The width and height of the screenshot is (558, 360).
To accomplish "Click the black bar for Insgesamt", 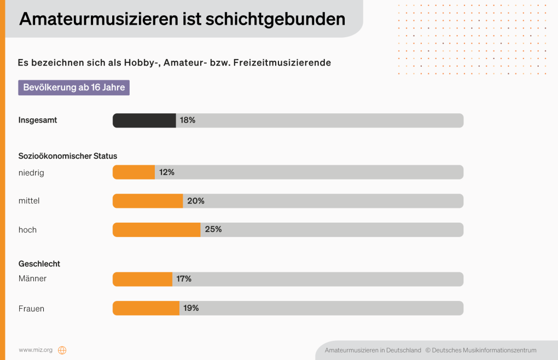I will [144, 120].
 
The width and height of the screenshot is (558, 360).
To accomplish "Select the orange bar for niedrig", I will [134, 172].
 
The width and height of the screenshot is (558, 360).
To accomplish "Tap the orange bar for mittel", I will [148, 201].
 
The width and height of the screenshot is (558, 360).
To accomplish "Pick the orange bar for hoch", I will [156, 230].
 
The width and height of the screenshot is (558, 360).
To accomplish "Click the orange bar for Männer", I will [143, 279].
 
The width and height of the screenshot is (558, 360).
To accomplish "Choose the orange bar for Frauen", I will [146, 308].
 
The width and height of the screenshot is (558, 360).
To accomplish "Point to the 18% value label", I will [188, 120].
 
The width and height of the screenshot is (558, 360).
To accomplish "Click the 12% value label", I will [167, 172].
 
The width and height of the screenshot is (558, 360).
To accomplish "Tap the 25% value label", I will [213, 230].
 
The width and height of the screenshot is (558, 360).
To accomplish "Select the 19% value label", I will [191, 308].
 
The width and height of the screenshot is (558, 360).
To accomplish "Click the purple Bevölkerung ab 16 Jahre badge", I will [74, 88].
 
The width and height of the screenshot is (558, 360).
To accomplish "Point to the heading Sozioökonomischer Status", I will [68, 156].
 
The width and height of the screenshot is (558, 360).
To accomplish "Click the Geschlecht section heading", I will [39, 264].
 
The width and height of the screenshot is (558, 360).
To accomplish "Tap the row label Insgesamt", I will [38, 120].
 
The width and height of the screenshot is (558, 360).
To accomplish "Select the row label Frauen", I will [31, 309].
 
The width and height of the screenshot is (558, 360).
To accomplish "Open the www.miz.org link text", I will [36, 350].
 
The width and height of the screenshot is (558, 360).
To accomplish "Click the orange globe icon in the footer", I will [62, 350].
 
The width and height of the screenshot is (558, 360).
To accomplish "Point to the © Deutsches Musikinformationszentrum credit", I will [481, 350].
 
